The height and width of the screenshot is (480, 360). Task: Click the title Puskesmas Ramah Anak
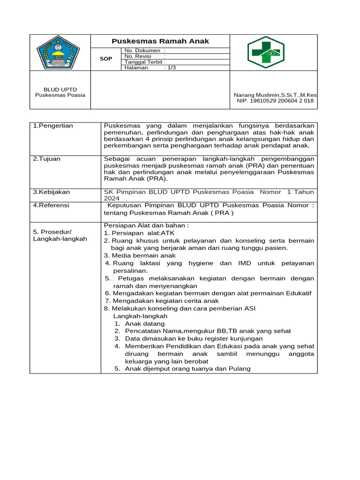click(160, 41)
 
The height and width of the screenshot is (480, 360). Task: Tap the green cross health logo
click(266, 52)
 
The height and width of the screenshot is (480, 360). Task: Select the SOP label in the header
click(106, 59)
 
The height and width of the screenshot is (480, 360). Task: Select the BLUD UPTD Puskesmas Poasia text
click(60, 92)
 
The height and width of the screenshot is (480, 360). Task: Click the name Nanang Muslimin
click(275, 95)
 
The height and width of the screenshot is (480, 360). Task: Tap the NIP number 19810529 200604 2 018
click(275, 101)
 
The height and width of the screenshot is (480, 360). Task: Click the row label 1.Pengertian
click(53, 126)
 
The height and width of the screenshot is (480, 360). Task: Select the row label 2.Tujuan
click(47, 159)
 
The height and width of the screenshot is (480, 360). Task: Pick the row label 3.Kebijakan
click(51, 192)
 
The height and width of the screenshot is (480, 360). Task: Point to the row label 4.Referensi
click(51, 205)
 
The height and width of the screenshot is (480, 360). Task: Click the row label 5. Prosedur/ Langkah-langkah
click(60, 235)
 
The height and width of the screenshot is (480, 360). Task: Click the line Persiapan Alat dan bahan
click(146, 225)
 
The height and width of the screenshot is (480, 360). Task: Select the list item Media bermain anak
click(140, 255)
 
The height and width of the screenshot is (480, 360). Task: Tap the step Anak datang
click(144, 324)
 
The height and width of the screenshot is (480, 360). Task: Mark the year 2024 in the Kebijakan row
click(112, 198)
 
